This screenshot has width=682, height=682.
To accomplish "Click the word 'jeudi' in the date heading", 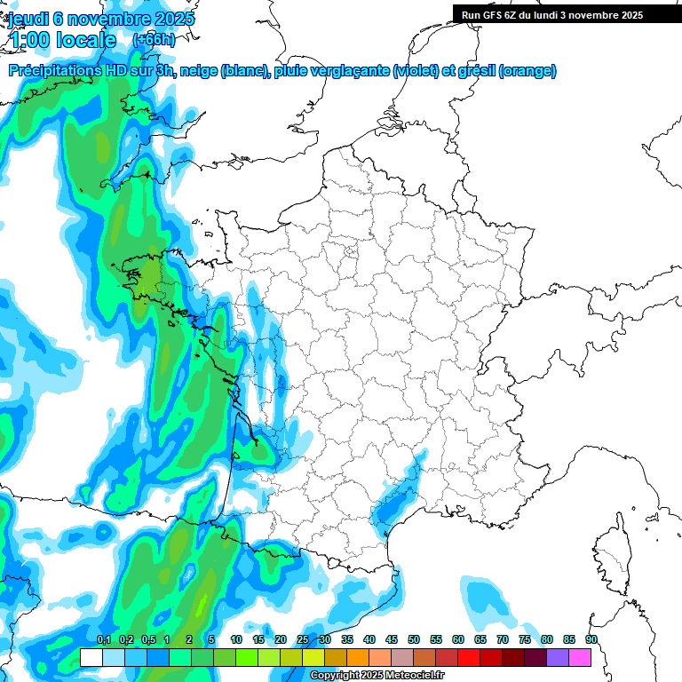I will [x=28, y=19].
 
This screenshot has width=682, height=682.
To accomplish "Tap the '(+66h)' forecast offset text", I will [x=153, y=40].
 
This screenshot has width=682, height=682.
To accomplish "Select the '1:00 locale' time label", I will [x=62, y=40].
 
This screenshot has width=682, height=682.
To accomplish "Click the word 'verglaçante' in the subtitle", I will [x=353, y=71].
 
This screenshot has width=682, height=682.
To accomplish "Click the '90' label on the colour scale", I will [x=591, y=639].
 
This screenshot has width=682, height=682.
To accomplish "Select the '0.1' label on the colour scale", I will [x=103, y=639].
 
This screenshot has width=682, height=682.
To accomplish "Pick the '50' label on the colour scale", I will [x=414, y=639].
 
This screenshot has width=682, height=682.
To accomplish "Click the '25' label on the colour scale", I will [x=303, y=639].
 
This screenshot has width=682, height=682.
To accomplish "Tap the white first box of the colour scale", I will [x=91, y=657].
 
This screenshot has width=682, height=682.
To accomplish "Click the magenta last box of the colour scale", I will [x=580, y=657].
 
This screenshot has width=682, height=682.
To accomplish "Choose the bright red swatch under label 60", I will [x=469, y=657].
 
